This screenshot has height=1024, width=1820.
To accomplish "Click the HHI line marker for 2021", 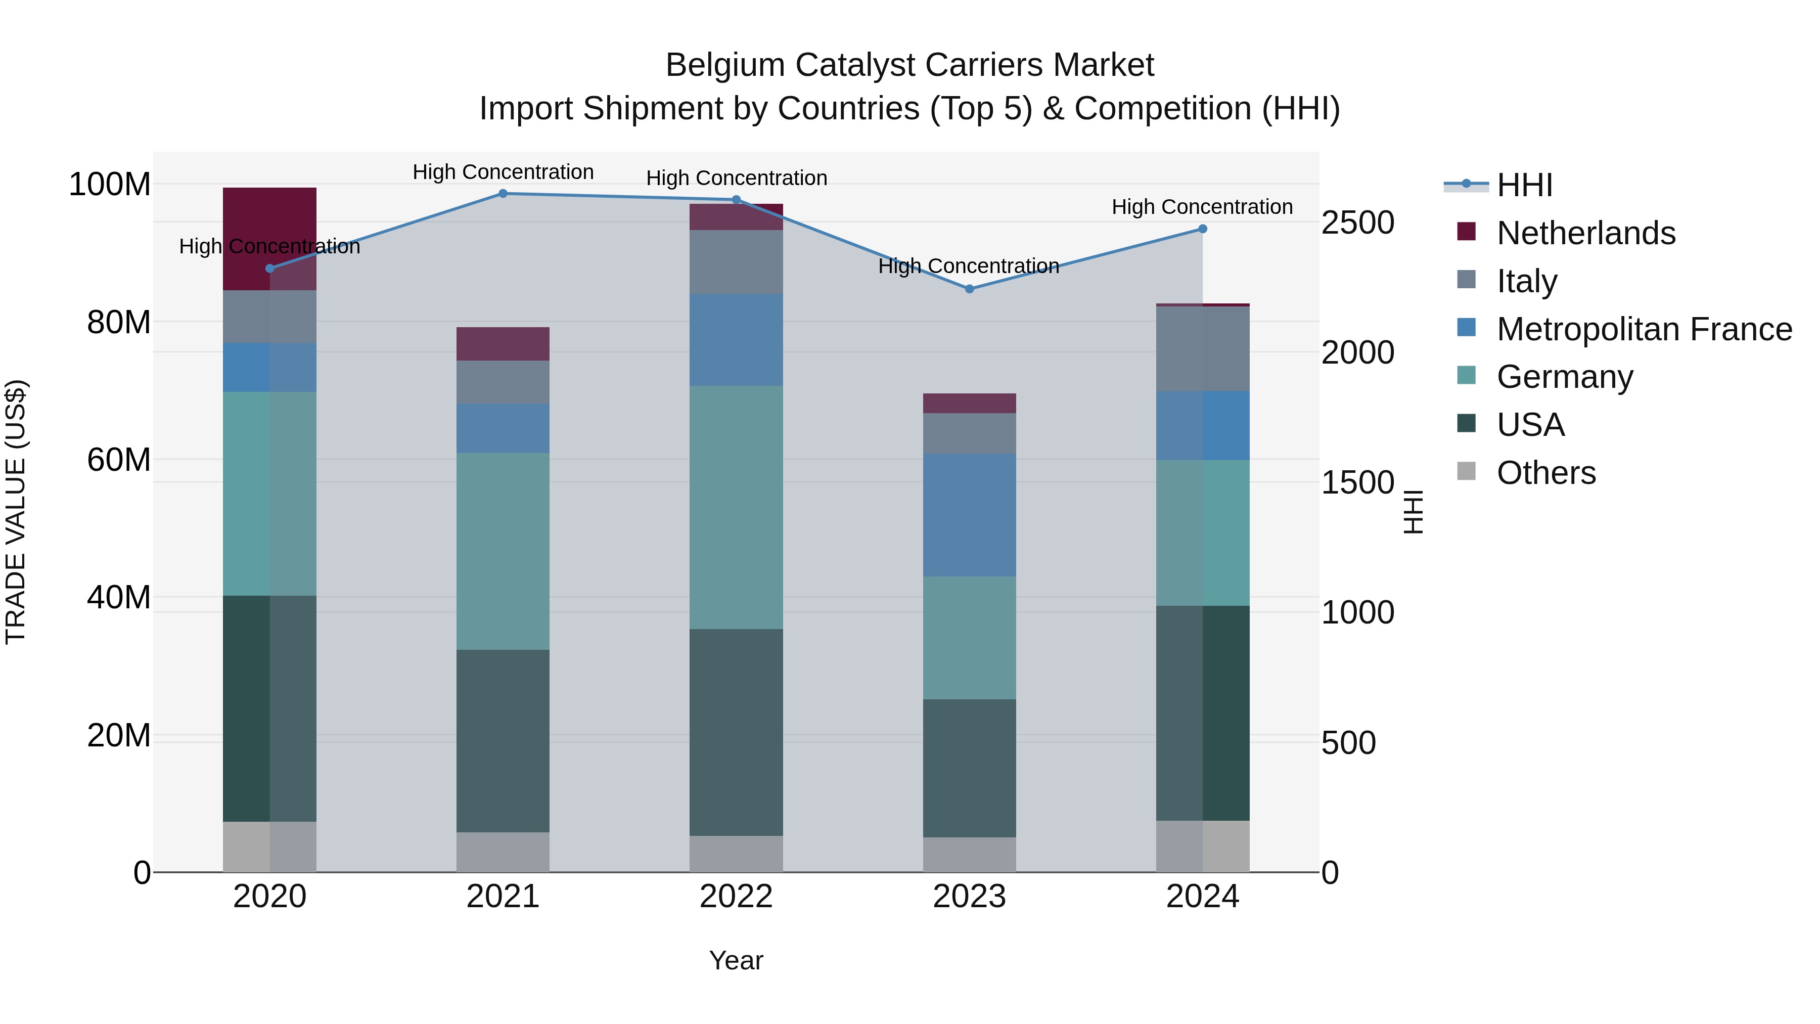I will pyautogui.click(x=503, y=194).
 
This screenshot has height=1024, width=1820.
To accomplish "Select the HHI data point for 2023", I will pyautogui.click(x=969, y=289).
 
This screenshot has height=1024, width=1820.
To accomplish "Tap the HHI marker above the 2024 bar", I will pyautogui.click(x=1203, y=229).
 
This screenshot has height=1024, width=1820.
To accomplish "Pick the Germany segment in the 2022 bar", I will pyautogui.click(x=736, y=507).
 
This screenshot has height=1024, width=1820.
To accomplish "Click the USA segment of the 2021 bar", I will pyautogui.click(x=503, y=741).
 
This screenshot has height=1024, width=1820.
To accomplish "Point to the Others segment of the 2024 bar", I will pyautogui.click(x=1203, y=846).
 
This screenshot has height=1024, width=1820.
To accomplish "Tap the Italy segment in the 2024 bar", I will pyautogui.click(x=1203, y=348).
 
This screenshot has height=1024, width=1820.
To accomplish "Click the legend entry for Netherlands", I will pyautogui.click(x=1585, y=233).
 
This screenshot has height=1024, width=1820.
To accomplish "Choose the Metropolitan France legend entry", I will pyautogui.click(x=1644, y=329).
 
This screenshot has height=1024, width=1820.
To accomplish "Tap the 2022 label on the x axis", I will pyautogui.click(x=736, y=897).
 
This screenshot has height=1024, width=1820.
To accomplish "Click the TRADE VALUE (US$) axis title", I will pyautogui.click(x=16, y=512).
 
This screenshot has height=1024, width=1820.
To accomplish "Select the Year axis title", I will pyautogui.click(x=736, y=960).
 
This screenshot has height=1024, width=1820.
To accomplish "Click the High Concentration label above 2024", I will pyautogui.click(x=1203, y=207).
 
